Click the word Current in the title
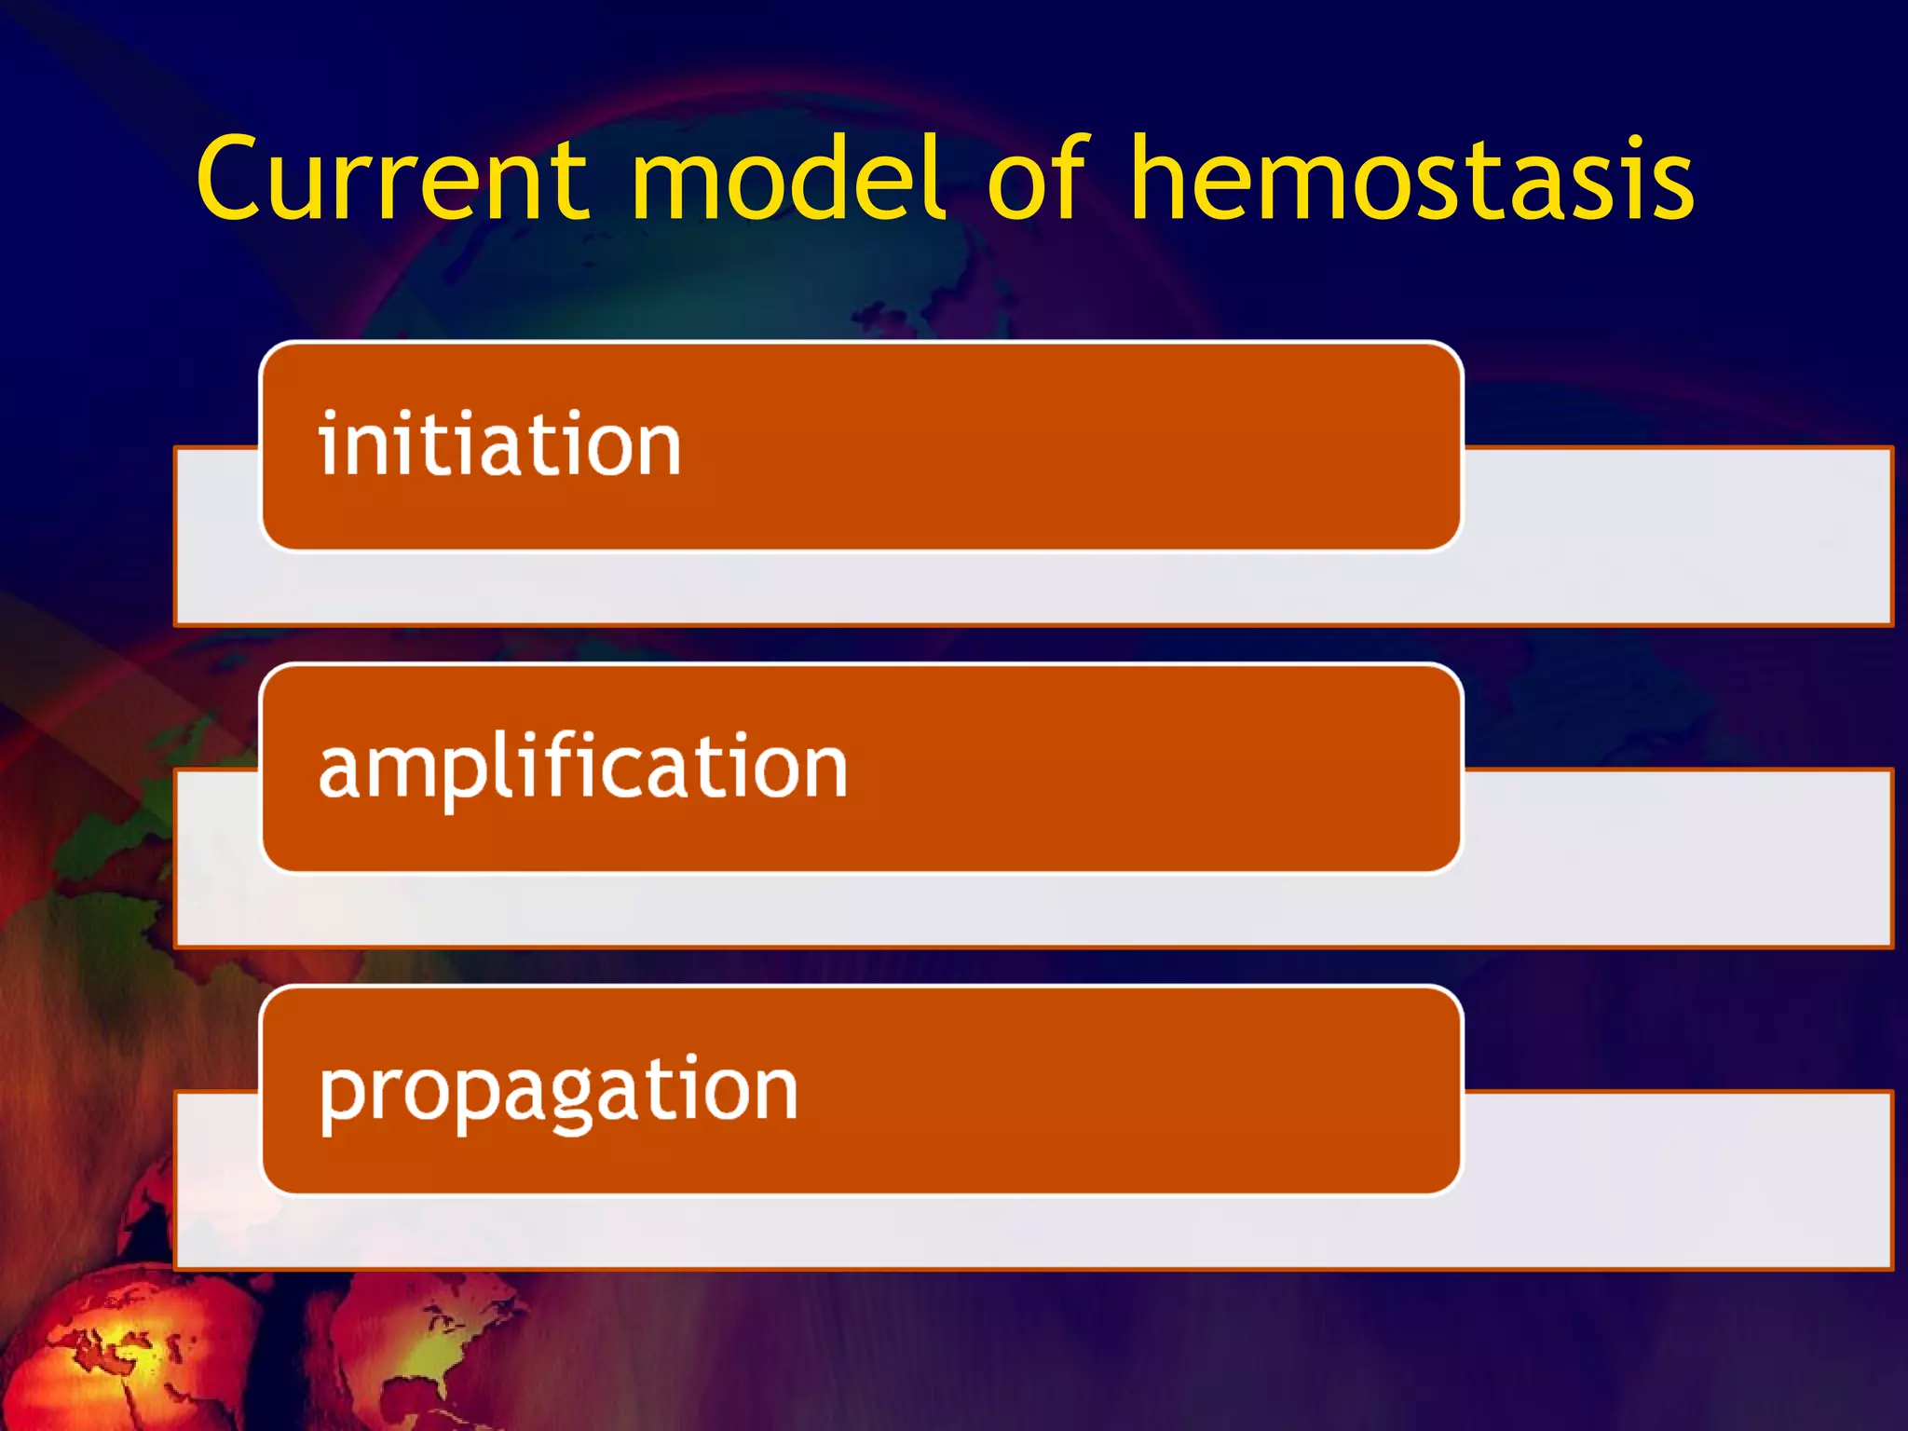click(x=391, y=179)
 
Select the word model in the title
click(x=787, y=179)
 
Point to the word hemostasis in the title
click(x=1411, y=179)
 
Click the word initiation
click(x=500, y=444)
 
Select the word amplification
click(x=583, y=768)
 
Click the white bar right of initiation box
click(x=1677, y=536)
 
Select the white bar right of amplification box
click(x=1677, y=857)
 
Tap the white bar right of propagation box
click(x=1677, y=1179)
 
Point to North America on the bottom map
click(x=438, y=1342)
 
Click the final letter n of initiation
click(x=657, y=447)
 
